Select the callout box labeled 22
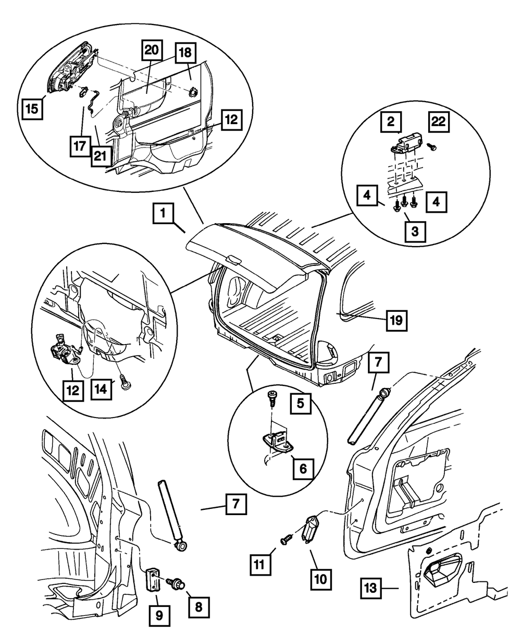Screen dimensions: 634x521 439,123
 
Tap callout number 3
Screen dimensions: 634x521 415,231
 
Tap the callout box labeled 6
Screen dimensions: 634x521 303,468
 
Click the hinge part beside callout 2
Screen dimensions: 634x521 406,142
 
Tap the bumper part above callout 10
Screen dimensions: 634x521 312,528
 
